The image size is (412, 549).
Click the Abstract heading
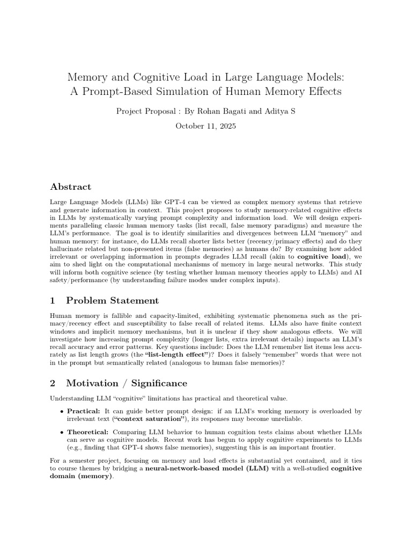tap(70, 187)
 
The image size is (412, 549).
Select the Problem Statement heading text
tap(112, 300)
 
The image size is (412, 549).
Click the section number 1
tap(53, 300)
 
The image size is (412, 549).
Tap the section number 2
tap(53, 383)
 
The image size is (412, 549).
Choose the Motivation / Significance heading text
tap(127, 383)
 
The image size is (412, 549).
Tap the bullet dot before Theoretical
tap(62, 432)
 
